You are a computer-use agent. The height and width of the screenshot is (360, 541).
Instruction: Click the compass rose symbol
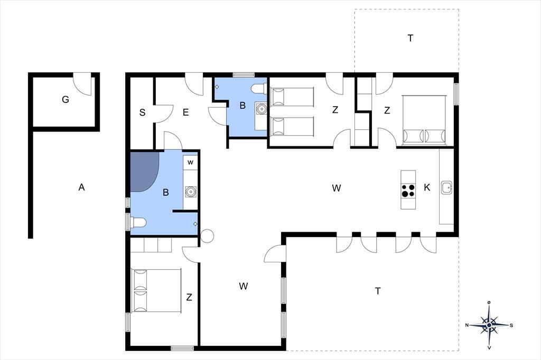(x=489, y=325)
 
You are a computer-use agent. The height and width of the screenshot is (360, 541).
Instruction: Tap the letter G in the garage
(x=65, y=100)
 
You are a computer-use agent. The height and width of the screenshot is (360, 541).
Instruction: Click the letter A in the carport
(x=81, y=187)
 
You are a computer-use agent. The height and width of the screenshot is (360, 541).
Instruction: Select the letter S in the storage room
(x=142, y=112)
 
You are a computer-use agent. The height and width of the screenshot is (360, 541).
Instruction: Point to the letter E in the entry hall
(x=185, y=112)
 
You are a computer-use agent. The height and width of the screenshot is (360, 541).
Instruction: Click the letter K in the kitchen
(x=427, y=187)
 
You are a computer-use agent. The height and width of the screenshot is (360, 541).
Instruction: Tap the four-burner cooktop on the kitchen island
(x=408, y=191)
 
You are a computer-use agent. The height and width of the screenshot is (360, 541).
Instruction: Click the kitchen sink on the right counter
(x=446, y=187)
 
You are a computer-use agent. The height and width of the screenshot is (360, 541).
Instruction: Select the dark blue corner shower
(x=144, y=172)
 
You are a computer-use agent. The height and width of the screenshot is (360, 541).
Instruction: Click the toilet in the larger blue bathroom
(x=137, y=222)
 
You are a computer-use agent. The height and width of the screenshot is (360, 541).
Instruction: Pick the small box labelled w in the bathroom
(x=190, y=162)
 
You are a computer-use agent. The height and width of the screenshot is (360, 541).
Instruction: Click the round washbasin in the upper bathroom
(x=261, y=109)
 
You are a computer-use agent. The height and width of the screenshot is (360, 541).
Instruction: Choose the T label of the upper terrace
(x=410, y=38)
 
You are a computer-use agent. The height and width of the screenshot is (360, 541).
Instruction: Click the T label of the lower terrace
(x=378, y=291)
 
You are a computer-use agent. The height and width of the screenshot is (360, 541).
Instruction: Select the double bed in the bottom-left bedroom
(x=156, y=291)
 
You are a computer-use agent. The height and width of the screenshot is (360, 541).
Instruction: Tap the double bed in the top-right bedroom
(x=424, y=119)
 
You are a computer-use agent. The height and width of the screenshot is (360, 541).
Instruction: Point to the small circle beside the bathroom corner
(x=207, y=236)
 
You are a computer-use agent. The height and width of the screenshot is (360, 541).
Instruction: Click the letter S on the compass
(x=511, y=325)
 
